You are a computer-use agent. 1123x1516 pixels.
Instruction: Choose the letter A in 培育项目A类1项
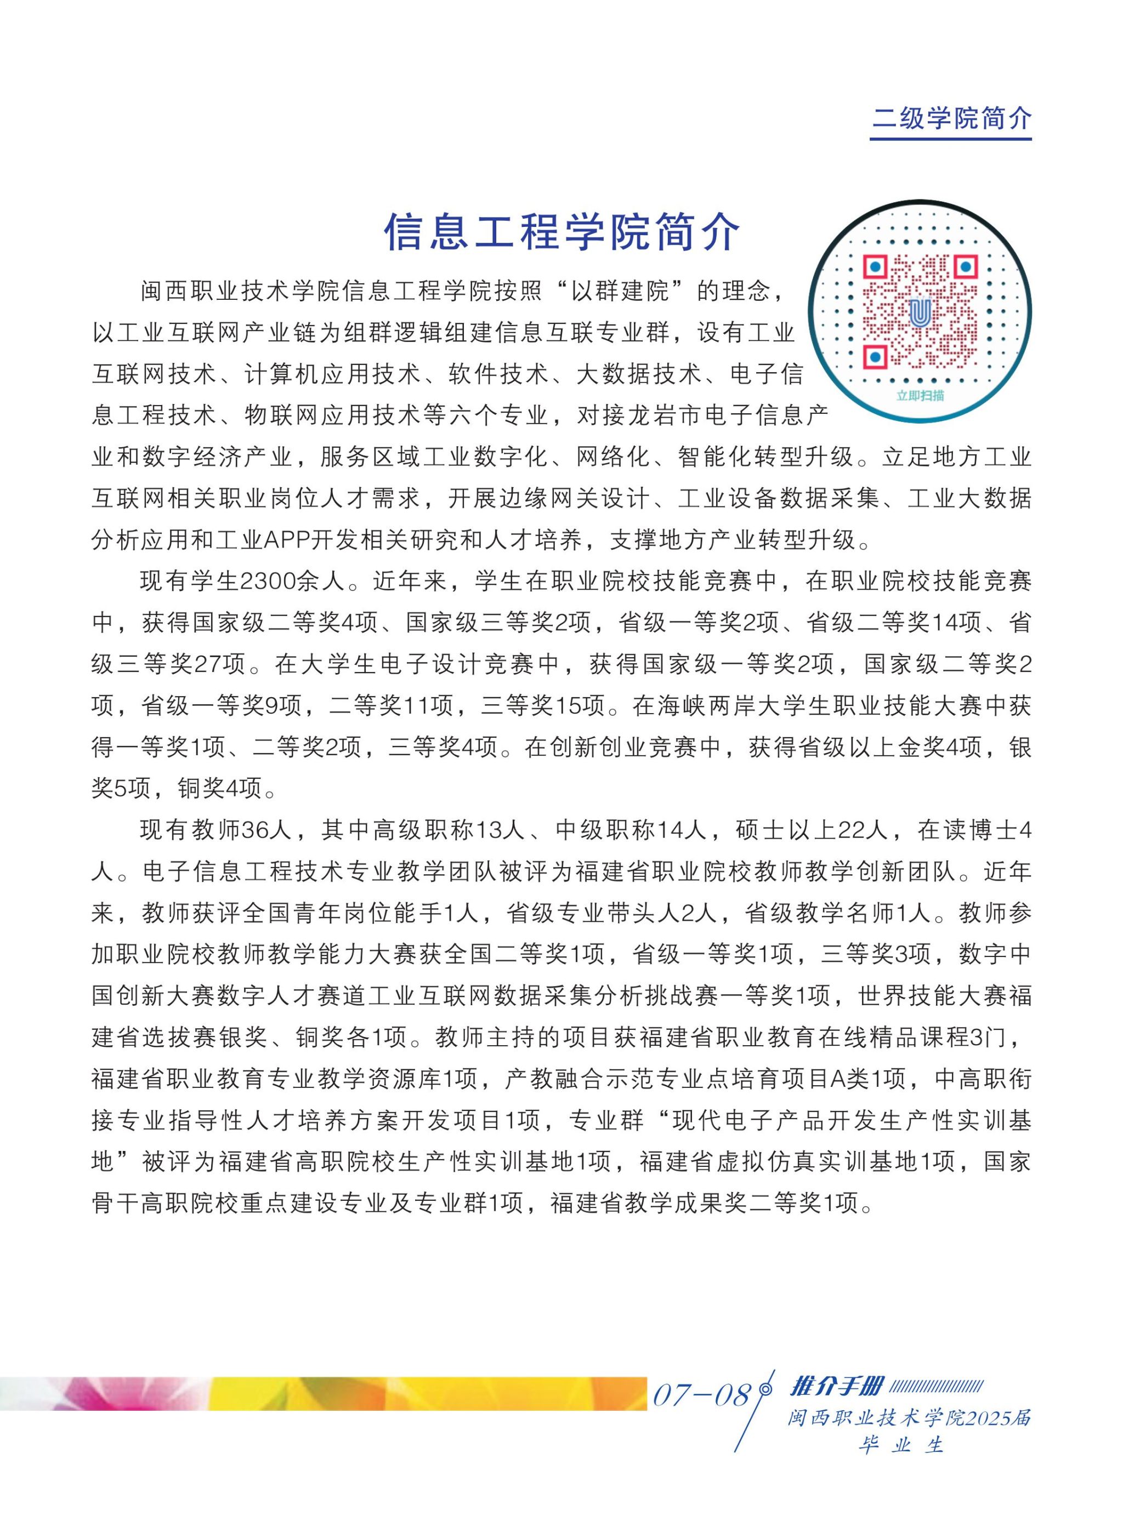(x=838, y=1079)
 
